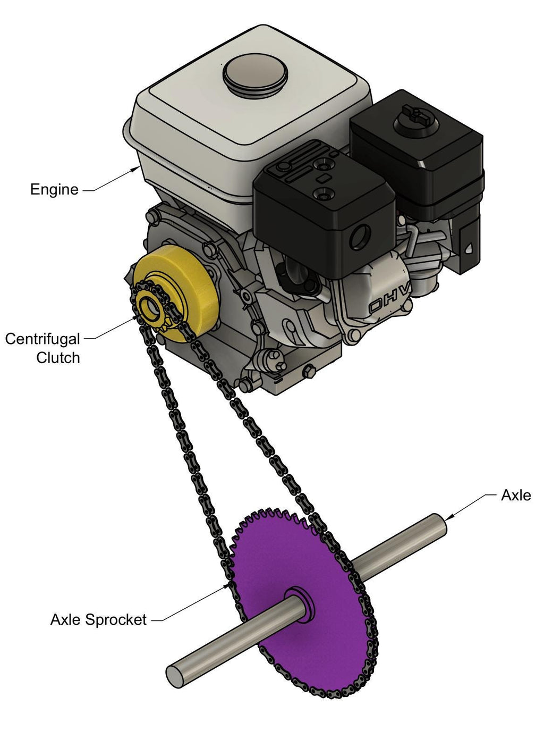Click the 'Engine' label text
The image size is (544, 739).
click(x=54, y=189)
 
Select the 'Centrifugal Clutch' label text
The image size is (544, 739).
click(x=43, y=348)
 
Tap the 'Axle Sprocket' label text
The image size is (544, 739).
click(x=98, y=619)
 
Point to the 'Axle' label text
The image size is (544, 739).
click(x=515, y=496)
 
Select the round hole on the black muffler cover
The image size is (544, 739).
click(x=360, y=235)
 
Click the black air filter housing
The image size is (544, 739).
click(x=420, y=154)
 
